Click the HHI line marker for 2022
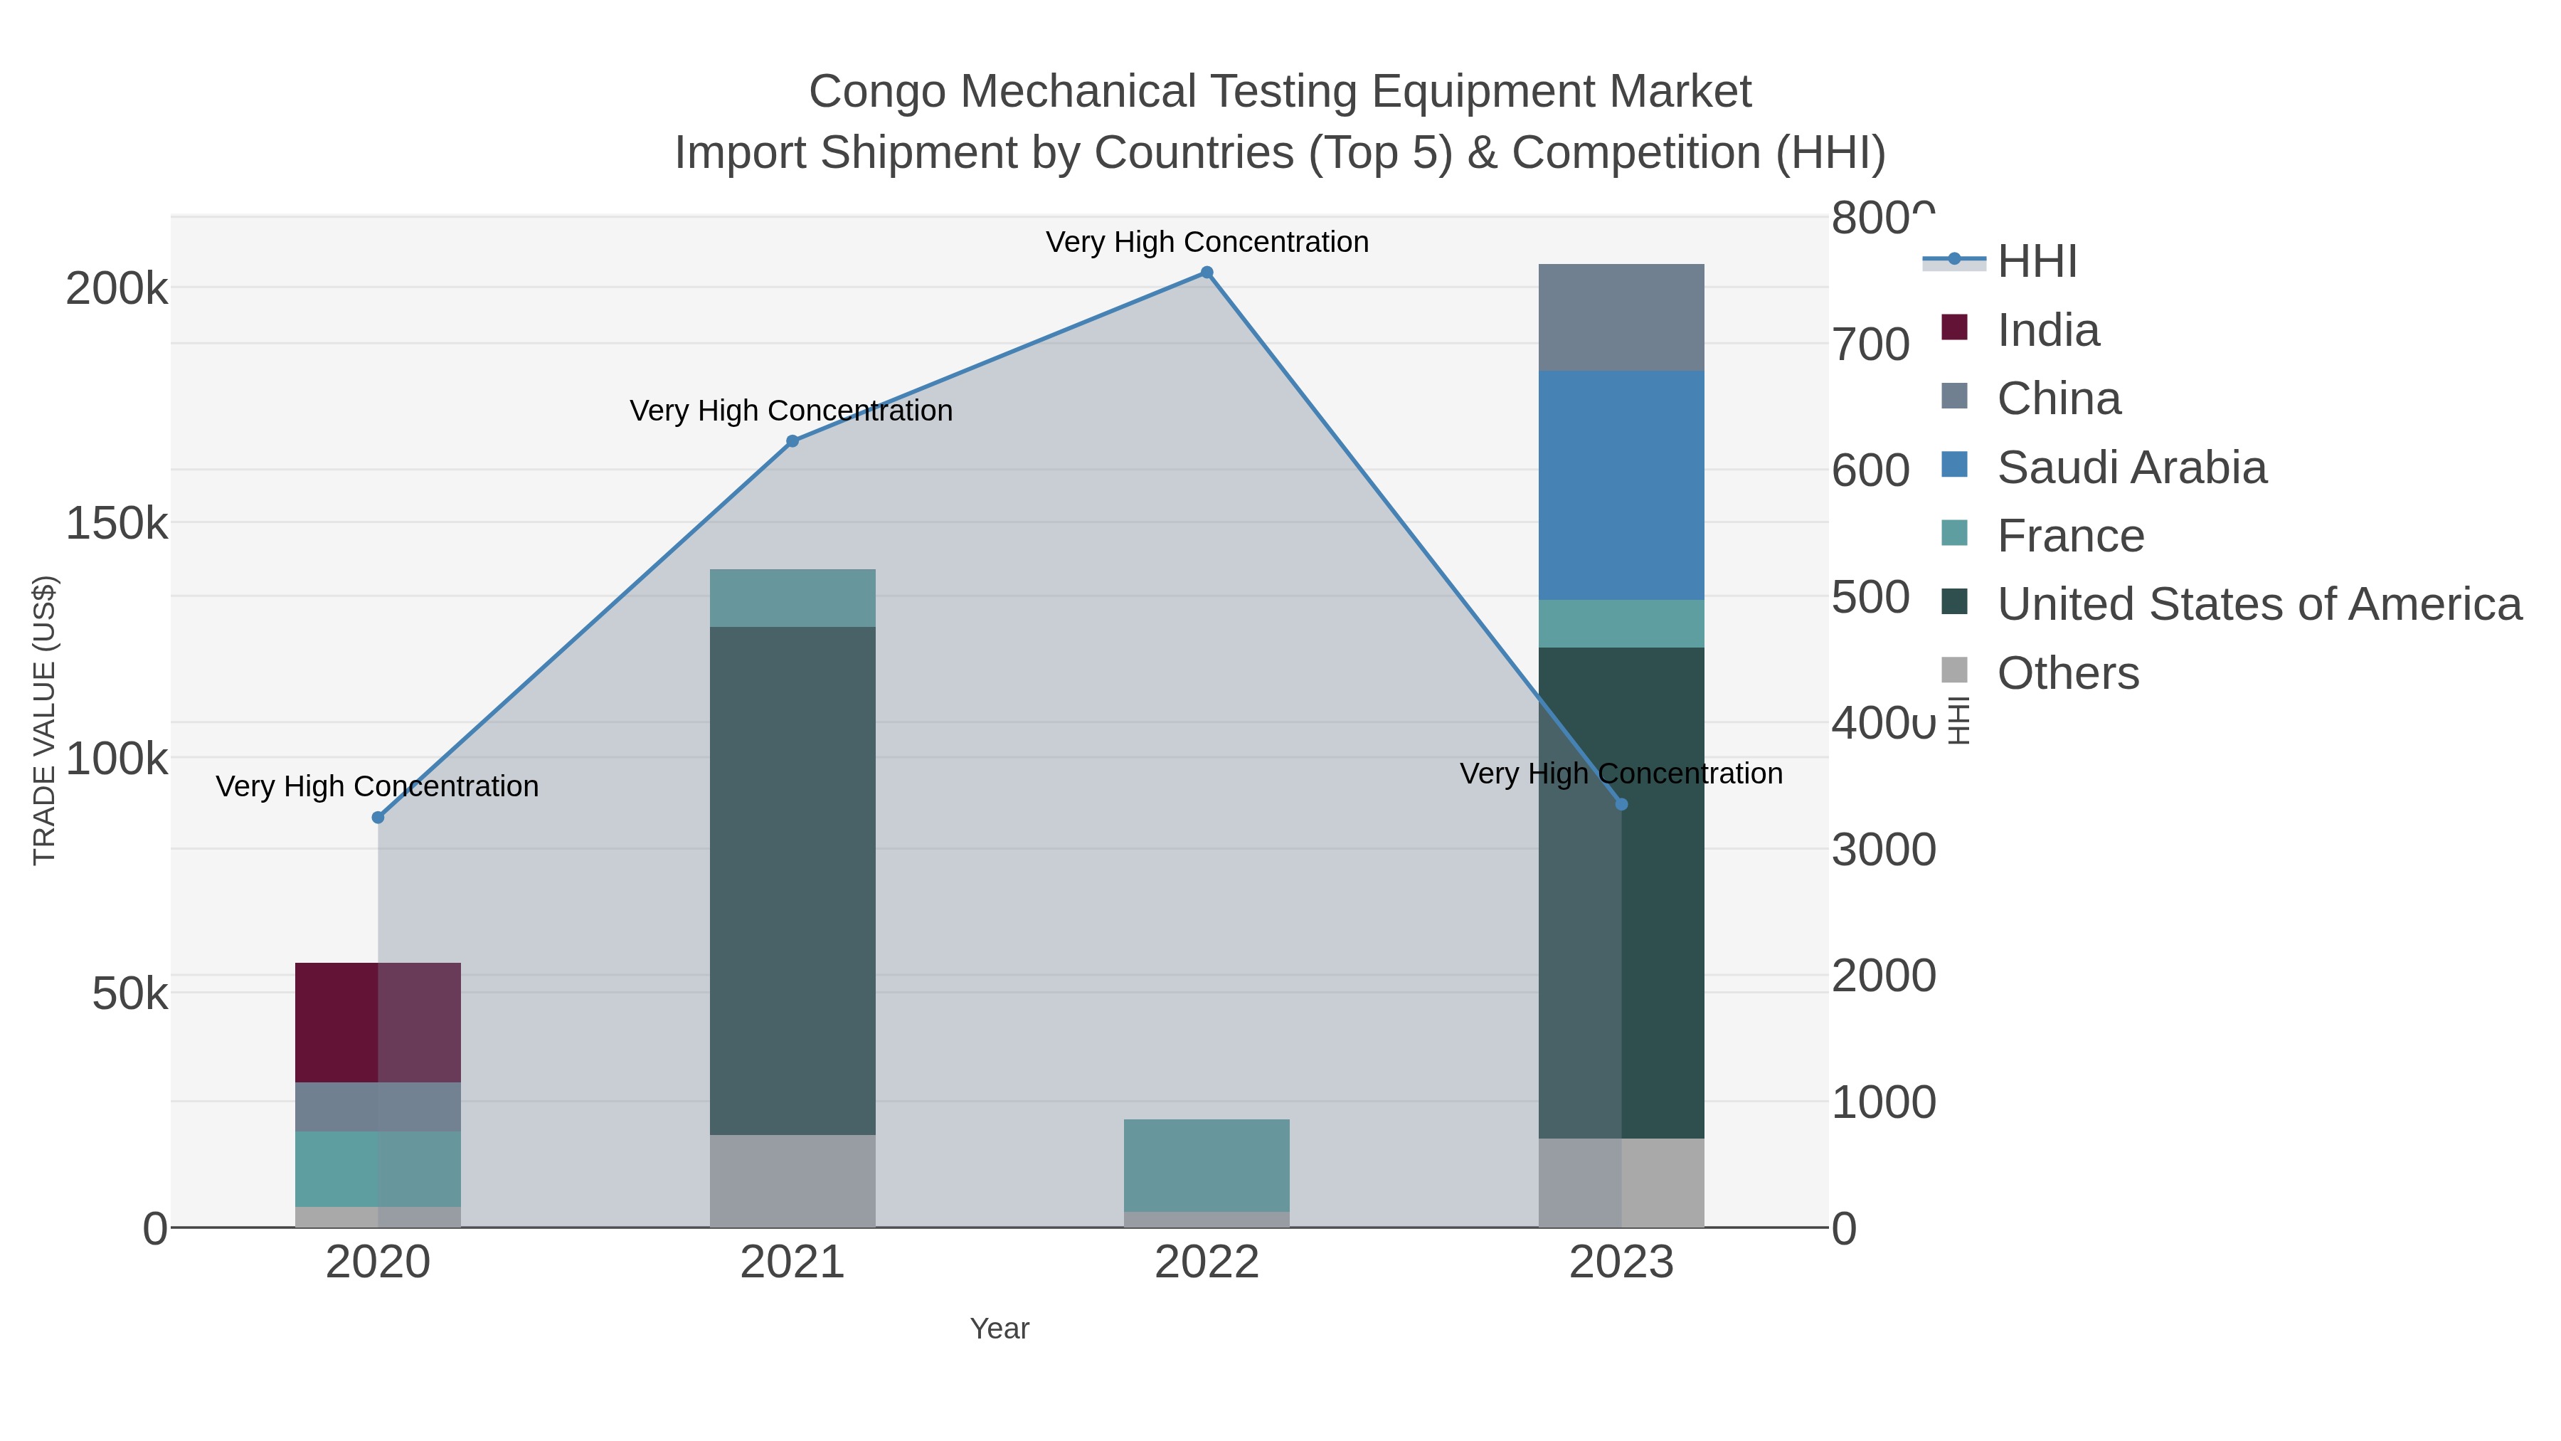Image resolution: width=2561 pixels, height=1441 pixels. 1207,273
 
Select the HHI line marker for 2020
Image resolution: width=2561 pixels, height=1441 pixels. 378,818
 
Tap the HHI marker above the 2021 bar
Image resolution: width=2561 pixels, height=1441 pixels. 792,441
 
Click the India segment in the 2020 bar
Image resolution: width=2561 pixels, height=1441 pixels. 378,1023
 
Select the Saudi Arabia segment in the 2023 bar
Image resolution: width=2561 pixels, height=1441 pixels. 1621,485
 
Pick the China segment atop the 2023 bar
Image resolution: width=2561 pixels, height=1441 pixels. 1621,317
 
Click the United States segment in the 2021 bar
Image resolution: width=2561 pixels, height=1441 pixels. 792,880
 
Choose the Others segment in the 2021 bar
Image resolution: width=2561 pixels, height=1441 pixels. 792,1181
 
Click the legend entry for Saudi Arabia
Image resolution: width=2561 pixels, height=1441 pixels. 2131,468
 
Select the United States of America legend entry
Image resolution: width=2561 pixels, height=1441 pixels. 2258,605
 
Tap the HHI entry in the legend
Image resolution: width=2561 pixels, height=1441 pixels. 2036,262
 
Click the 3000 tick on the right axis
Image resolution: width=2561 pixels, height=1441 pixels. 1883,850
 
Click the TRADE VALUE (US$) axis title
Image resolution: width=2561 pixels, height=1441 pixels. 45,720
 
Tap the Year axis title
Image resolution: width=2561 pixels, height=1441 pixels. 1000,1329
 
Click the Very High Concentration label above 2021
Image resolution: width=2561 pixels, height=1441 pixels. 791,411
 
